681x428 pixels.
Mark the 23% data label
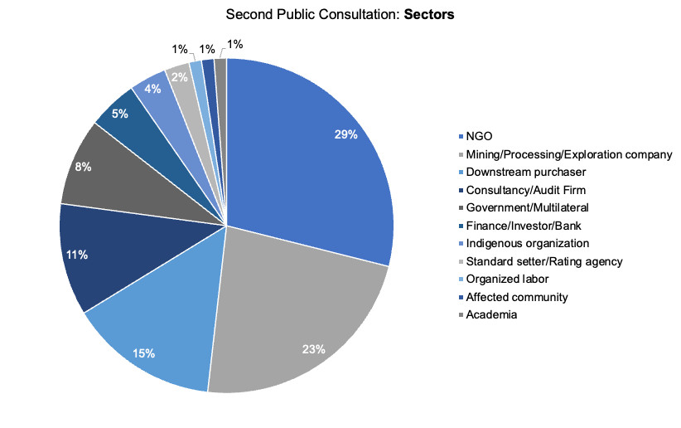[x=314, y=349]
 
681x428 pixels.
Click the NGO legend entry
[x=478, y=136]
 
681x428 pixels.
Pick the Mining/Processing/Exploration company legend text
[x=569, y=154]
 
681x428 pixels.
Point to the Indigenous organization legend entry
[x=528, y=243]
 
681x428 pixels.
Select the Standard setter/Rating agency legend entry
[x=544, y=261]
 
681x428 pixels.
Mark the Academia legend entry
[x=491, y=314]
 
